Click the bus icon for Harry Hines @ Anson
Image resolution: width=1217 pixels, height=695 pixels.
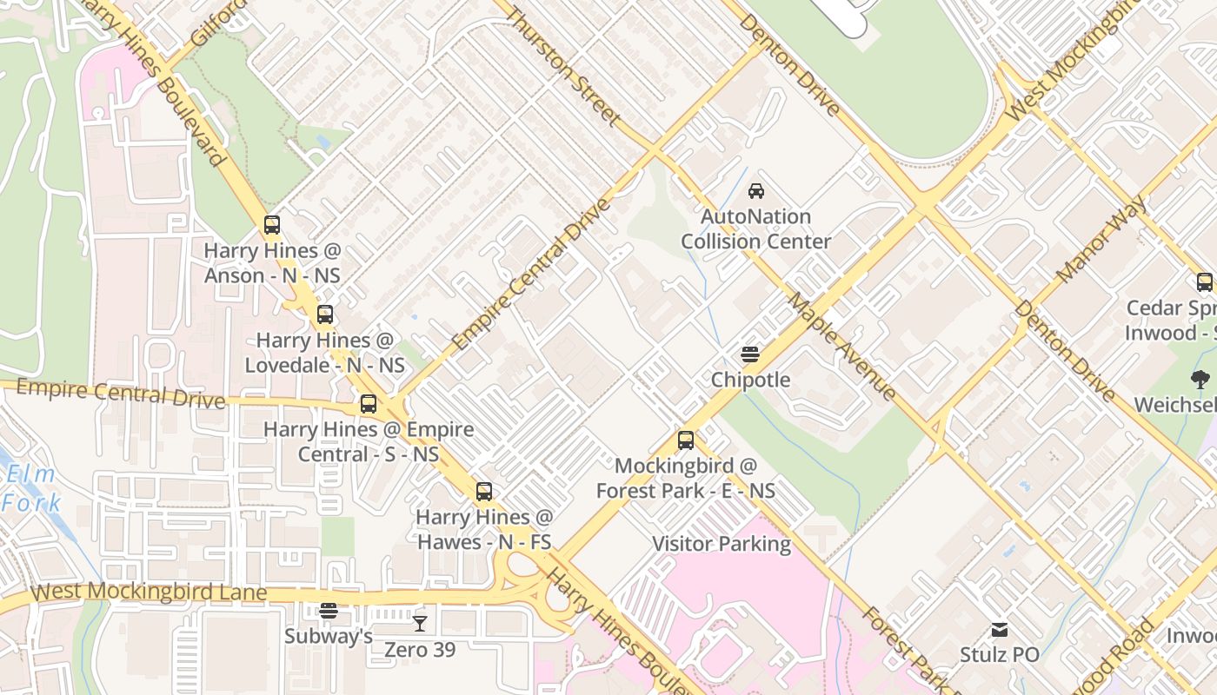tap(272, 225)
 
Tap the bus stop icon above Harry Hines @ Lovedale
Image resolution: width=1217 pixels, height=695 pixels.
tap(325, 314)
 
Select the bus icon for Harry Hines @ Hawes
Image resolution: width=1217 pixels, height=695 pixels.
tap(484, 492)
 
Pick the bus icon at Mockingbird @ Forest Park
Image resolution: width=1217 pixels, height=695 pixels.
tap(686, 440)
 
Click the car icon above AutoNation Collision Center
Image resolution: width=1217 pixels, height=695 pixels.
tap(756, 191)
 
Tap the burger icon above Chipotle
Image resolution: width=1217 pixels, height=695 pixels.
tap(750, 354)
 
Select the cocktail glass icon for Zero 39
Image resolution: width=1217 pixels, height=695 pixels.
tap(420, 623)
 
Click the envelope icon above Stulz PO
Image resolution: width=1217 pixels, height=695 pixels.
tap(1000, 629)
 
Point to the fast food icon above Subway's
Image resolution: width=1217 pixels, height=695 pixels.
tap(328, 611)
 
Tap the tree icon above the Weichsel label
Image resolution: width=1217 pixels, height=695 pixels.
tap(1200, 380)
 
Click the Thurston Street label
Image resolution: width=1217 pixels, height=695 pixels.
tap(563, 66)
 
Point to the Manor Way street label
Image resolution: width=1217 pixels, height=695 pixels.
tap(1101, 240)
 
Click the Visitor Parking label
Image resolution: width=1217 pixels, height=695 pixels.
tap(722, 544)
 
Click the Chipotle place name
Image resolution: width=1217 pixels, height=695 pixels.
tap(750, 380)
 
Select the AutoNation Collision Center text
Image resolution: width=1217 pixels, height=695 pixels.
tap(755, 229)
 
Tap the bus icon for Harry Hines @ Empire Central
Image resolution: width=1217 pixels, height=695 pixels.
tap(369, 404)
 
